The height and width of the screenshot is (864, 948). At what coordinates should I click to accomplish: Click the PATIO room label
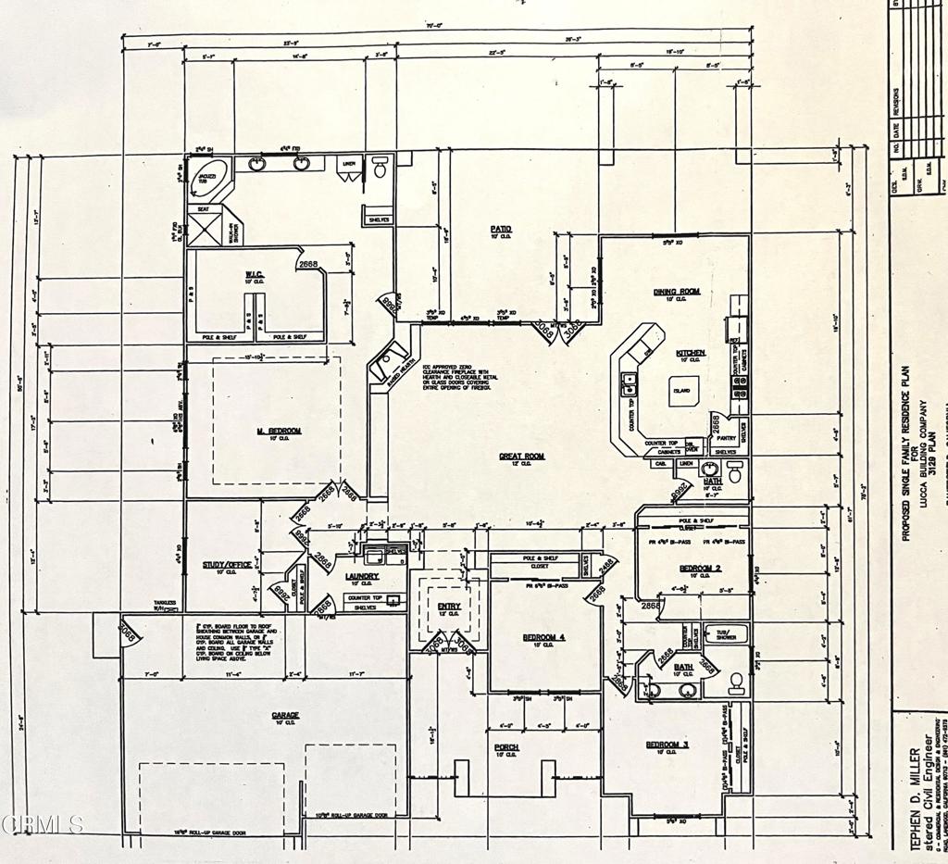[501, 229]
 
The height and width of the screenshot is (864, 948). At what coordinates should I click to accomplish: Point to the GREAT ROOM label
[522, 456]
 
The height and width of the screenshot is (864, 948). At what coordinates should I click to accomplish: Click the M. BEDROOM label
[279, 432]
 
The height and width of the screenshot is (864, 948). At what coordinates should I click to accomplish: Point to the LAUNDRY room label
[363, 576]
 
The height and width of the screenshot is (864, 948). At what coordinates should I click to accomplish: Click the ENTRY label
[449, 606]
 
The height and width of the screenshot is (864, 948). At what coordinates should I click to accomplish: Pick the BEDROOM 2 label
[700, 568]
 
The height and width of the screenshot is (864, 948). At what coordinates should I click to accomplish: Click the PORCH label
[506, 746]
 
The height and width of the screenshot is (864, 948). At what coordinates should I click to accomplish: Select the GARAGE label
[284, 715]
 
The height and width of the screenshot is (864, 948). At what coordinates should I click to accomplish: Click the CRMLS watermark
[43, 823]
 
